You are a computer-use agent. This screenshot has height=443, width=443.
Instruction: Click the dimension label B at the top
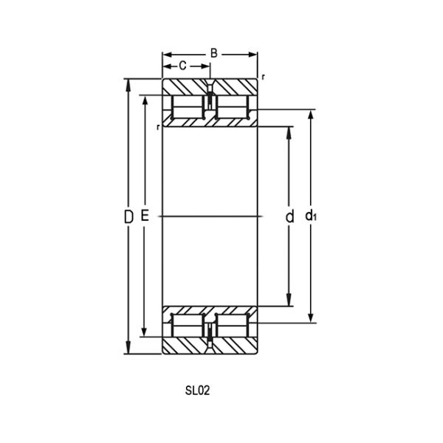click(x=213, y=53)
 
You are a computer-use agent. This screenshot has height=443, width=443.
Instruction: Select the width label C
click(x=182, y=66)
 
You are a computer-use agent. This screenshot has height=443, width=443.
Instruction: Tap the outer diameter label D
click(x=128, y=216)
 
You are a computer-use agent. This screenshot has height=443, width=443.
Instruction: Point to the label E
click(x=145, y=216)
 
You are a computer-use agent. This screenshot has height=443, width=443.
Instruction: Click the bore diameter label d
click(x=290, y=216)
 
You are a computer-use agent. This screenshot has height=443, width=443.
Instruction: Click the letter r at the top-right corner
click(x=264, y=78)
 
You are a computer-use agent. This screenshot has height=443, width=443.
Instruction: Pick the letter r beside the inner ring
click(x=158, y=127)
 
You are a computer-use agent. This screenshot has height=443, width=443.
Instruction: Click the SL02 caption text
click(x=198, y=391)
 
